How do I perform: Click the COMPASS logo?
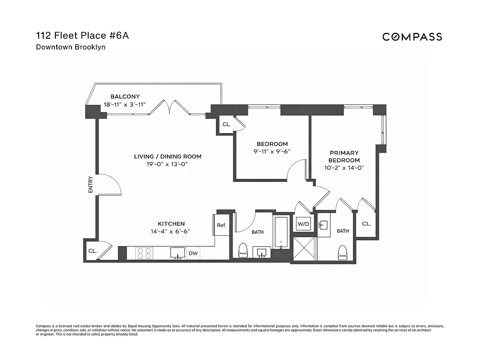(x=412, y=37)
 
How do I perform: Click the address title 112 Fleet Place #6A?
(x=82, y=36)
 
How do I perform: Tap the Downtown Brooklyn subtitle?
(x=71, y=47)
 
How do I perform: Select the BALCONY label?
(x=125, y=96)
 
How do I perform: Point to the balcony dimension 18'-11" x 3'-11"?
(x=125, y=104)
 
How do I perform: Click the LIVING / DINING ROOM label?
(x=167, y=157)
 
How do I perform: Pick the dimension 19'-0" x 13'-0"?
(x=167, y=164)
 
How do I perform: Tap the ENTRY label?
(x=91, y=184)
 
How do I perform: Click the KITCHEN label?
(x=171, y=224)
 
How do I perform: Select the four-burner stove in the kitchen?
(x=144, y=253)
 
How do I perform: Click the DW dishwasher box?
(x=193, y=253)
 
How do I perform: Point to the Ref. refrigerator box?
(x=221, y=225)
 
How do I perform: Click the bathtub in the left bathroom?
(x=281, y=232)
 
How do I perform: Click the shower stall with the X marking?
(x=304, y=248)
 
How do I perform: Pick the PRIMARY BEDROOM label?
(x=344, y=157)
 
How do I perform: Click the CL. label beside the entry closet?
(x=93, y=251)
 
